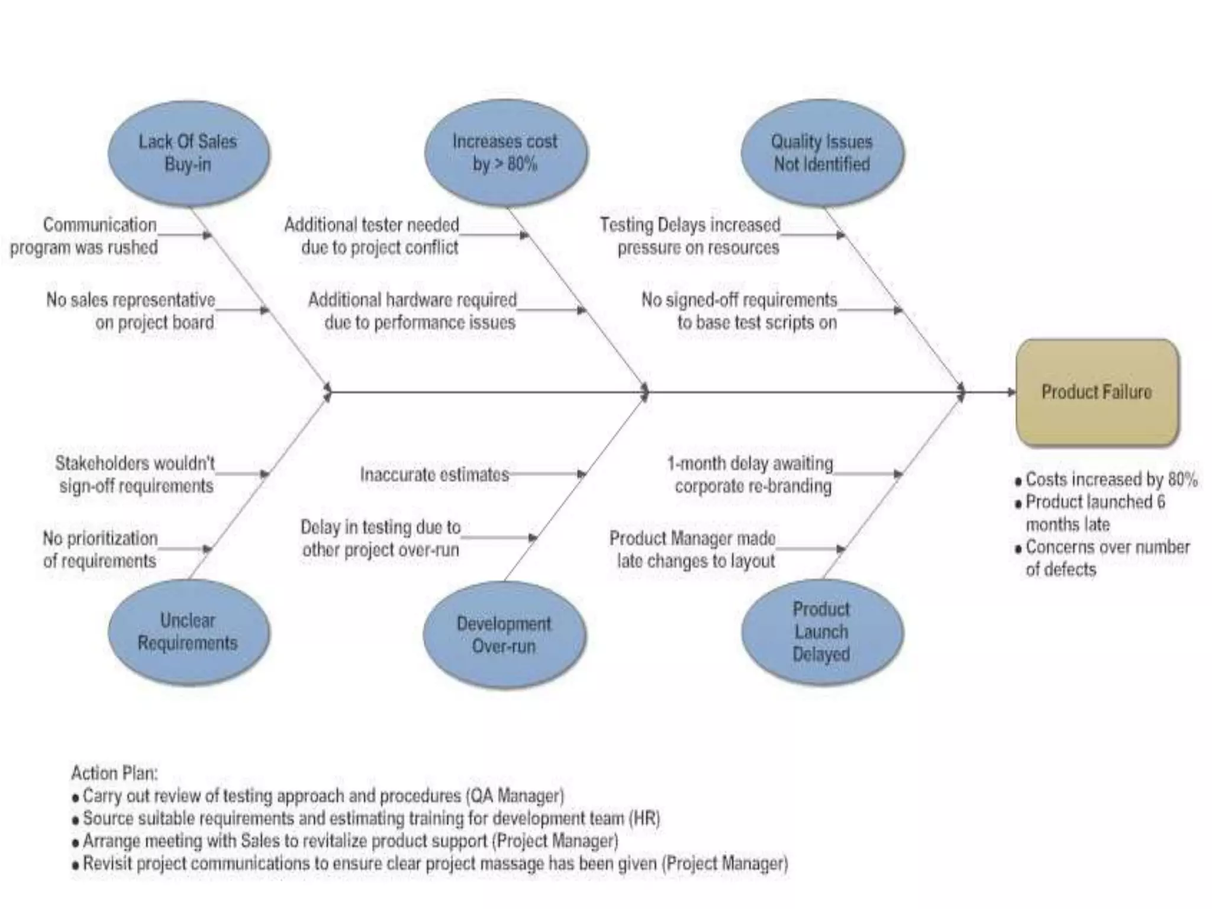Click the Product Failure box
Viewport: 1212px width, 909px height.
tap(1097, 392)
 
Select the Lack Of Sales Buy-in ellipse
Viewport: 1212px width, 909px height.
tap(188, 153)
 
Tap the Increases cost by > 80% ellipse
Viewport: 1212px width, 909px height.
tap(505, 153)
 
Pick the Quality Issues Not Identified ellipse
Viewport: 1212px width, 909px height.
tap(822, 153)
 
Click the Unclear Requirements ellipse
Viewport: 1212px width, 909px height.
tap(188, 632)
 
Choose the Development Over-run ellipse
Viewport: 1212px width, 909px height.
tap(504, 634)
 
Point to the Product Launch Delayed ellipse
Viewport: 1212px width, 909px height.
tap(822, 632)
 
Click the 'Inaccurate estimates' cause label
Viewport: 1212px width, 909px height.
tap(434, 475)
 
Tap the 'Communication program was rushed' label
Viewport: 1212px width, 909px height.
tap(84, 236)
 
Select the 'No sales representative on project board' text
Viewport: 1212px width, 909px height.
tap(131, 311)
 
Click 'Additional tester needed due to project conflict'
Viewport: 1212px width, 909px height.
tap(372, 236)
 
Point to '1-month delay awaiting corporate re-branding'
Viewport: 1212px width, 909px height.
tap(750, 475)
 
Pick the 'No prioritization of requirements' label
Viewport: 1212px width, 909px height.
tap(100, 550)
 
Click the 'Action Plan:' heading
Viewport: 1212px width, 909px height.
tap(114, 773)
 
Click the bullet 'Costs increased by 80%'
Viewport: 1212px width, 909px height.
tap(1111, 479)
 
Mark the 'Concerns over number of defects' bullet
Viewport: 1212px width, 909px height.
tap(1107, 558)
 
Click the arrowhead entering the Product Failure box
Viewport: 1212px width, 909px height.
tap(1011, 392)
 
